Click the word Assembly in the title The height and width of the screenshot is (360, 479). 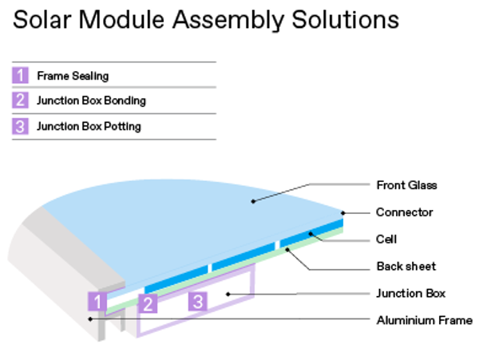[229, 20]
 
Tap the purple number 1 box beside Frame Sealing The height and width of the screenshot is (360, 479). [20, 75]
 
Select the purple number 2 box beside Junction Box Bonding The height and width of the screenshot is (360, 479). [20, 100]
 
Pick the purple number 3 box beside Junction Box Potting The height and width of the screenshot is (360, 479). [20, 126]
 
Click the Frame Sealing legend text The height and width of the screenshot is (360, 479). [73, 76]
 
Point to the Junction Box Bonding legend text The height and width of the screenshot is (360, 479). [91, 101]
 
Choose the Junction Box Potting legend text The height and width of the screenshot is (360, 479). [89, 126]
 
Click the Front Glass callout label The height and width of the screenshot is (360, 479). [406, 185]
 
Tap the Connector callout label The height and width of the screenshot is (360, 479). [405, 212]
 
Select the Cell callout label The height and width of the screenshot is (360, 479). [386, 239]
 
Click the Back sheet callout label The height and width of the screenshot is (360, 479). [406, 267]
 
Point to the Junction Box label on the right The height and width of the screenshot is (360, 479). [410, 294]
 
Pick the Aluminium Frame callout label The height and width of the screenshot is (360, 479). [425, 320]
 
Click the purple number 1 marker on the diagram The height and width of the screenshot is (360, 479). [97, 302]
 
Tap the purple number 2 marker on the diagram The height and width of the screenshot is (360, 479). [148, 303]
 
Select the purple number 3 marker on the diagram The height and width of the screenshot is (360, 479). [198, 302]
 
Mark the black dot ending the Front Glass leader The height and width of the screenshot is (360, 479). [253, 201]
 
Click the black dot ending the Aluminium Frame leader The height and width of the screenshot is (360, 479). [90, 319]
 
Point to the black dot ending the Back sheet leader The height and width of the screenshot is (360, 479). [287, 250]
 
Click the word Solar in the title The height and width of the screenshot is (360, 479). [42, 20]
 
